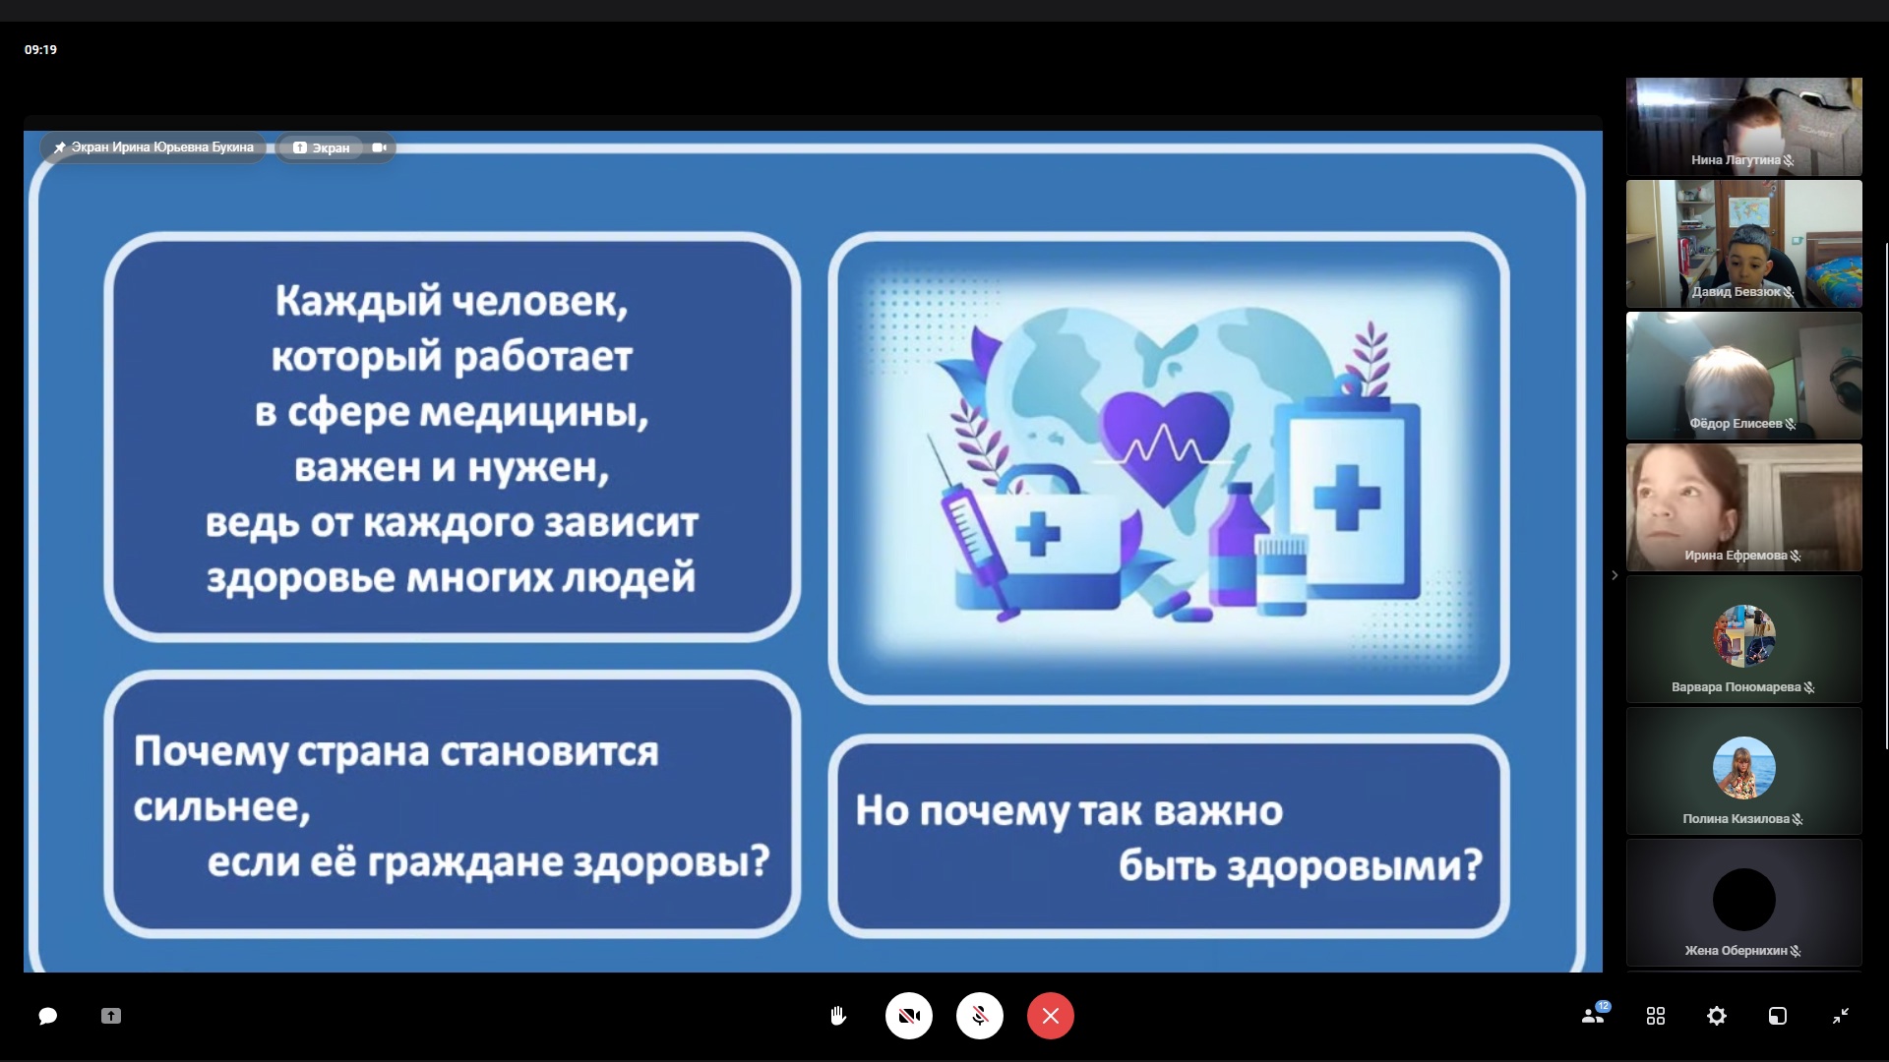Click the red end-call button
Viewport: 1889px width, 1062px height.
pos(1050,1016)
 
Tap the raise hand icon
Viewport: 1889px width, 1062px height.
pos(838,1016)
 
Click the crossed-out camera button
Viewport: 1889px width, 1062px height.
pos(909,1016)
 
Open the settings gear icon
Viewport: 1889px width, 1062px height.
pos(1717,1016)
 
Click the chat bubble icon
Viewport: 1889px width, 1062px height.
pos(47,1016)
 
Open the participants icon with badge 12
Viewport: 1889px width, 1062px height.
pos(1595,1014)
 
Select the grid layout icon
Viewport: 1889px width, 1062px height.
pos(1656,1016)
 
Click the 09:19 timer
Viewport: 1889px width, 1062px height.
pos(40,49)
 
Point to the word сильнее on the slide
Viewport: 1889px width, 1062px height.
pos(221,807)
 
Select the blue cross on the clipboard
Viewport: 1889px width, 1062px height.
pos(1347,498)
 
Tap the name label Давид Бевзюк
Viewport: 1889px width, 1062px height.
pos(1736,292)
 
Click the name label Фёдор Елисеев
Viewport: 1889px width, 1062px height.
pos(1736,424)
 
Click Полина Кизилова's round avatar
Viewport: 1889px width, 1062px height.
pos(1743,768)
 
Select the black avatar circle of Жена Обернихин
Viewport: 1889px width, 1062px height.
pos(1743,900)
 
